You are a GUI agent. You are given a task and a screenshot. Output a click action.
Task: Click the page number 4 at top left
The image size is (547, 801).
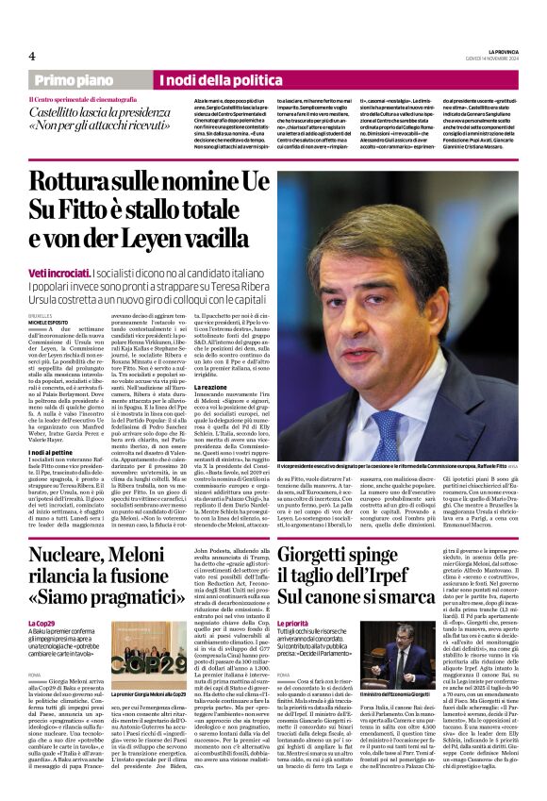coord(31,56)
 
